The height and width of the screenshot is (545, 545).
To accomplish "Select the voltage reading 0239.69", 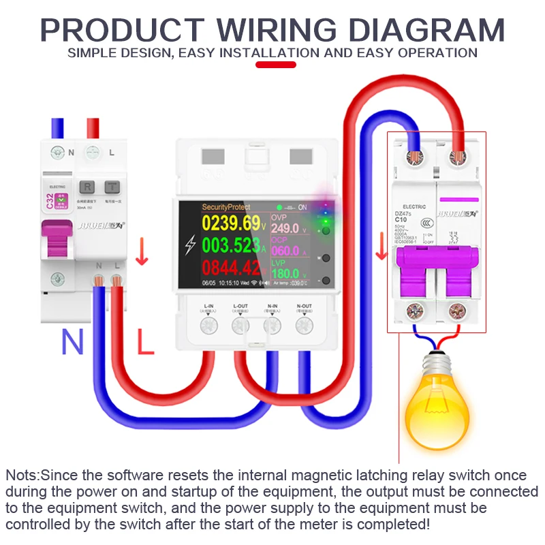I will (231, 223).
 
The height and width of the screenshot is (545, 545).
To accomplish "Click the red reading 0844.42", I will (231, 267).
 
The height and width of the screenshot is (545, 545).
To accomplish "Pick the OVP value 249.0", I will (285, 229).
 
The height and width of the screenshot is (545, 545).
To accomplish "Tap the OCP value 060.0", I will (285, 251).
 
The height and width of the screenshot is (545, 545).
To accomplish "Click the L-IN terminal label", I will (208, 306).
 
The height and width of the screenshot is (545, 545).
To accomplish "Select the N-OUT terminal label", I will (304, 306).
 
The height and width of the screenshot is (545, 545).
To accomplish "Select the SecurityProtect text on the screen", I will (226, 206).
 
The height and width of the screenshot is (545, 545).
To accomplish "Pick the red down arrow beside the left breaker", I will (142, 254).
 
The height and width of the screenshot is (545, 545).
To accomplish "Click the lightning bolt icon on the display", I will (190, 245).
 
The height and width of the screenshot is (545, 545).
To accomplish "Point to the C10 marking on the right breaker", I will (401, 219).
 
